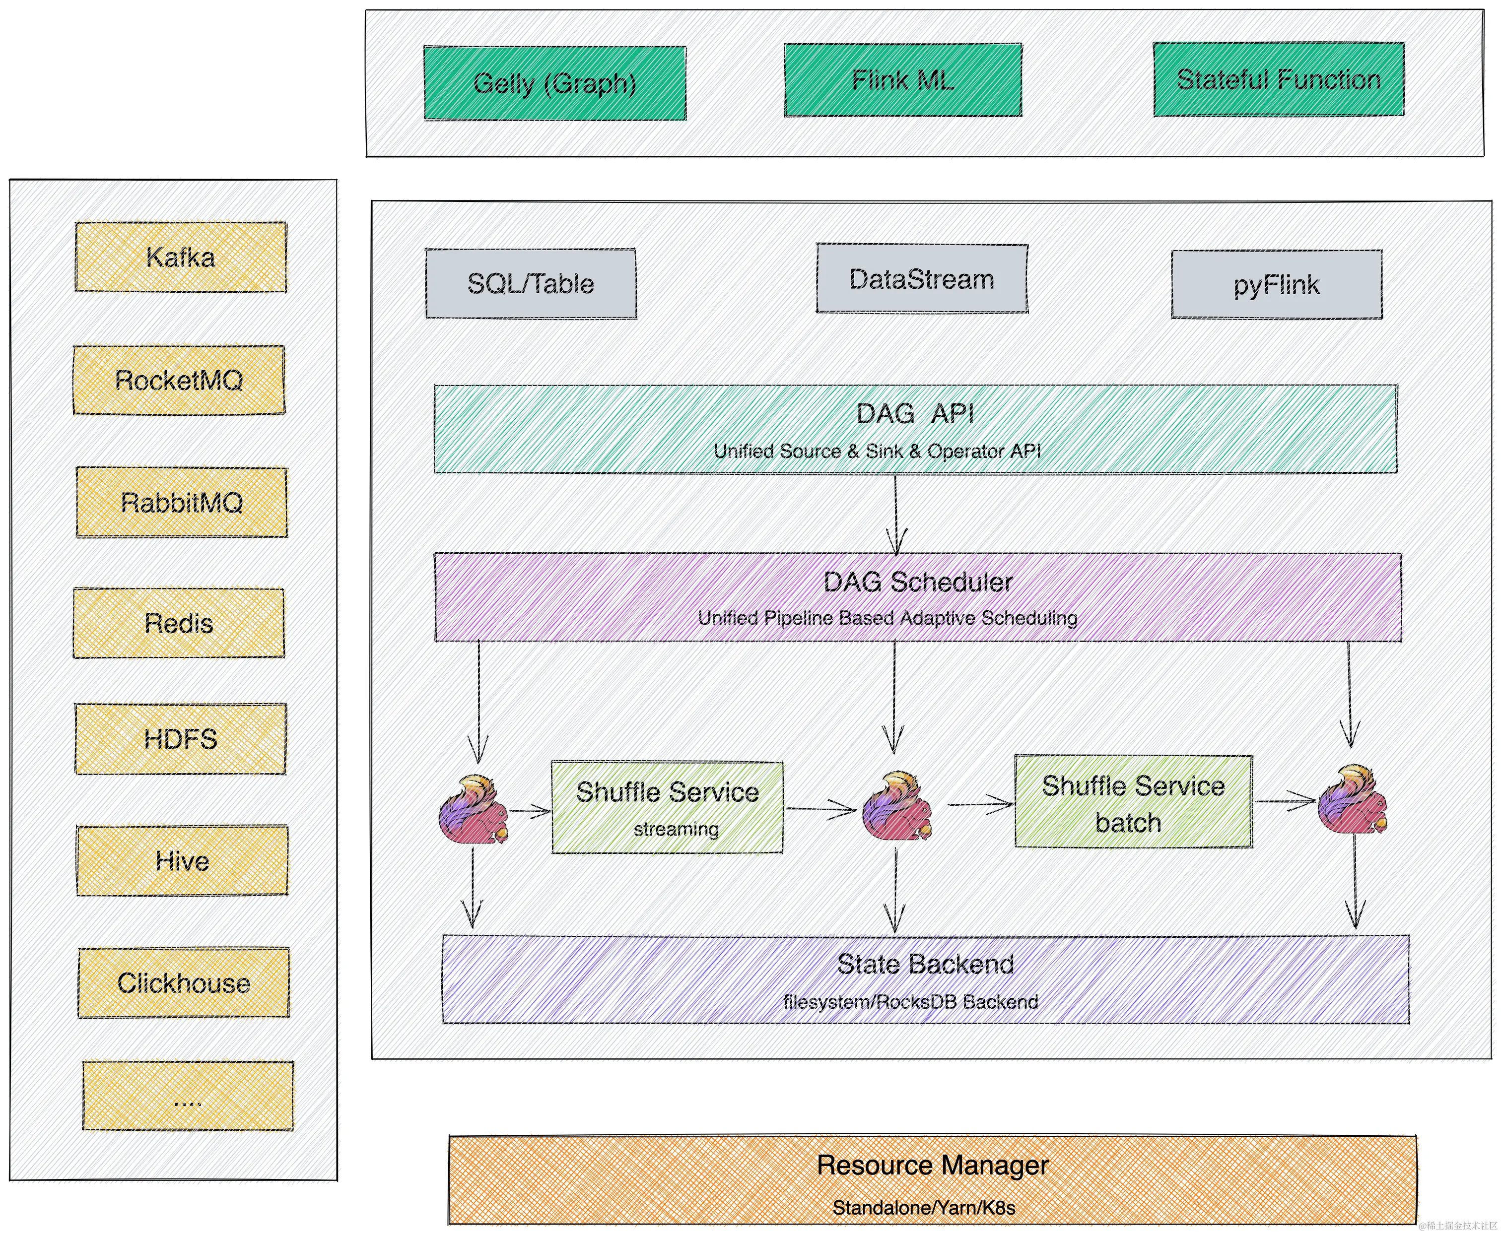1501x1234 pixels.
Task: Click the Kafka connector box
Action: pyautogui.click(x=181, y=257)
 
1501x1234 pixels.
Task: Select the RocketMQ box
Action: pyautogui.click(x=179, y=380)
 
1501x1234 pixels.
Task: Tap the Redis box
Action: pyautogui.click(x=179, y=623)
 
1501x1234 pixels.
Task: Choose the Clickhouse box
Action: pyautogui.click(x=184, y=983)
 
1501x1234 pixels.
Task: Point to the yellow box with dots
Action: pyautogui.click(x=188, y=1096)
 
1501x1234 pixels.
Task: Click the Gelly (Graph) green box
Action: pyautogui.click(x=554, y=83)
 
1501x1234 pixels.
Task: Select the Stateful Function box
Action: pyautogui.click(x=1279, y=79)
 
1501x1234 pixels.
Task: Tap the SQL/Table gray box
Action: pyautogui.click(x=531, y=284)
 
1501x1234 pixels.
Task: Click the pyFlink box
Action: pyautogui.click(x=1276, y=284)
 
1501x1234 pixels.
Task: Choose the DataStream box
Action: pyautogui.click(x=922, y=279)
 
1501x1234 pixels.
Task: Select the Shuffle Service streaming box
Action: pyautogui.click(x=667, y=807)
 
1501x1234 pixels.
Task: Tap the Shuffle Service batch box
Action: pyautogui.click(x=1133, y=802)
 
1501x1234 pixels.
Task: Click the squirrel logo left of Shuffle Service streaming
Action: pyautogui.click(x=474, y=810)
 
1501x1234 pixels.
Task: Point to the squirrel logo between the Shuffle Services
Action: pyautogui.click(x=896, y=807)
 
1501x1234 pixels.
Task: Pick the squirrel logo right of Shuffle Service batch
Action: pyautogui.click(x=1352, y=800)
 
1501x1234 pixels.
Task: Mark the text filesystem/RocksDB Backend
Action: pyautogui.click(x=910, y=1002)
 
